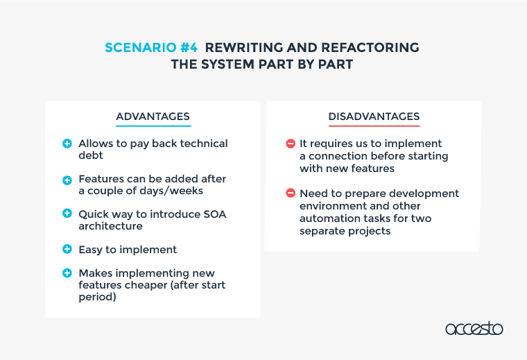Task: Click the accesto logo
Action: coord(474,328)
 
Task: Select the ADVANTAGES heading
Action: coord(153,117)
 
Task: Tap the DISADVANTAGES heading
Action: coord(374,117)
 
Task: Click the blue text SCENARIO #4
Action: coord(151,47)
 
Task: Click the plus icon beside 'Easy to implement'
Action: coord(67,249)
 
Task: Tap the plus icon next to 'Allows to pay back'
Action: coord(67,144)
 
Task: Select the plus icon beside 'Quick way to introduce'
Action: coord(67,213)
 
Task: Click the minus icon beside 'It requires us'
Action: coord(291,144)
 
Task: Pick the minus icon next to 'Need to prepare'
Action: coord(291,193)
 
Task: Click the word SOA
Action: coord(215,214)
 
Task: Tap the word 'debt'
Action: coord(91,155)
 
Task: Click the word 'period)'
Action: coord(98,297)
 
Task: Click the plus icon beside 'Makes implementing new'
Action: coord(67,273)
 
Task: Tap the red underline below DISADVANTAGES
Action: coord(374,126)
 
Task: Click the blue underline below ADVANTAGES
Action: coord(153,126)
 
